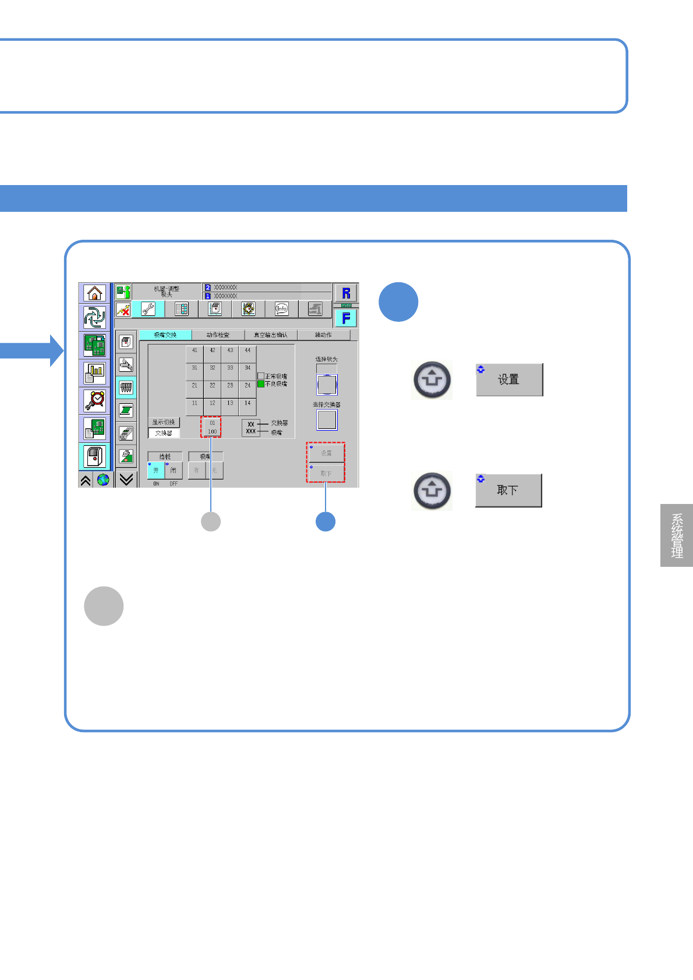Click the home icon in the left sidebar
tap(94, 293)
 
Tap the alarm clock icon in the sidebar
tap(94, 400)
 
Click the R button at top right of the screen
tap(346, 293)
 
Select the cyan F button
tap(346, 318)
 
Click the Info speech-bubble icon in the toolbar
tap(282, 309)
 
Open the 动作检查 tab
tap(218, 335)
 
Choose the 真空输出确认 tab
tap(270, 335)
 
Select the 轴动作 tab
tap(323, 335)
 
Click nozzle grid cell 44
tap(248, 351)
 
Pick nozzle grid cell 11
tap(195, 403)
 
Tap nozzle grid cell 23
tap(230, 386)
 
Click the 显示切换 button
tap(164, 422)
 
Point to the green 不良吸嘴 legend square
tap(261, 384)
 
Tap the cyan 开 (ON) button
tap(155, 470)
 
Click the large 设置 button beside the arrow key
tap(509, 379)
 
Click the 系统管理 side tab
tap(677, 535)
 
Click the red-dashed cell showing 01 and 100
tap(211, 427)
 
